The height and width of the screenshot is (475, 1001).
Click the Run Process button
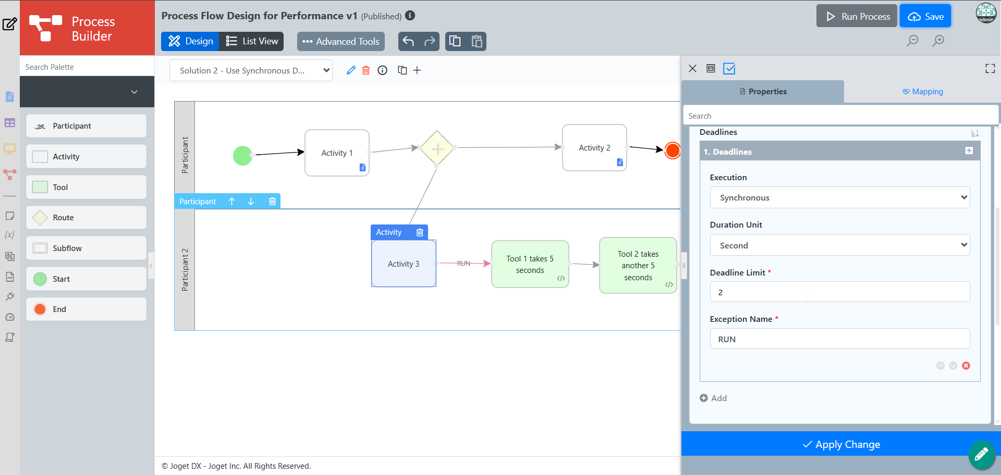point(857,16)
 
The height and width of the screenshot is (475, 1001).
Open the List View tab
point(252,41)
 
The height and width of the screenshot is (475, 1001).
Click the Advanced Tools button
point(341,42)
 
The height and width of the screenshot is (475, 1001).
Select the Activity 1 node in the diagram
point(337,153)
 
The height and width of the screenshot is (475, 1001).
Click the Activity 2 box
point(594,147)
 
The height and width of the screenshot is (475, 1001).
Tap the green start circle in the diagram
point(242,155)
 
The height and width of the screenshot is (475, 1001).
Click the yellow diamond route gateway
point(437,148)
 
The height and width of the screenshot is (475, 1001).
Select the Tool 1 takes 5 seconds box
point(530,264)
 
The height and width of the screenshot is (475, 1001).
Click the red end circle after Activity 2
point(673,151)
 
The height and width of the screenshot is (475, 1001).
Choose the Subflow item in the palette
point(86,248)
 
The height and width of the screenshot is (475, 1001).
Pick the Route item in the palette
point(86,218)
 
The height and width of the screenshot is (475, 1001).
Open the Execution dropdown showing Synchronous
point(839,197)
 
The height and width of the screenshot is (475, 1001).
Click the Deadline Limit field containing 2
point(839,292)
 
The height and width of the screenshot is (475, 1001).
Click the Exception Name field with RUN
point(839,339)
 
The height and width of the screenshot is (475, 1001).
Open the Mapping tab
point(922,92)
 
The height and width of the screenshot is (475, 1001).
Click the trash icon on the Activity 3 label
point(420,232)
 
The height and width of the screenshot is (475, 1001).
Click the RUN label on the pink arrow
point(463,264)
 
